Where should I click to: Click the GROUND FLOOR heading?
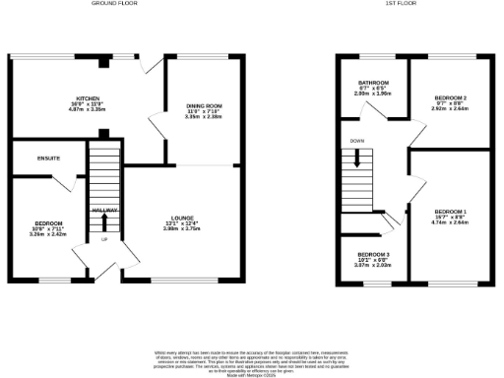[x=114, y=4]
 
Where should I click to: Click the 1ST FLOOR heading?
[x=411, y=4]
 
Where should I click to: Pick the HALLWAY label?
[x=104, y=211]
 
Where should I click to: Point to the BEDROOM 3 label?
[x=374, y=255]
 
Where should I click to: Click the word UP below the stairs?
[x=103, y=239]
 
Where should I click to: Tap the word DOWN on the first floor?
[x=356, y=141]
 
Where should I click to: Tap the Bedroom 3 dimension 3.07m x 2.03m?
[x=374, y=267]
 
